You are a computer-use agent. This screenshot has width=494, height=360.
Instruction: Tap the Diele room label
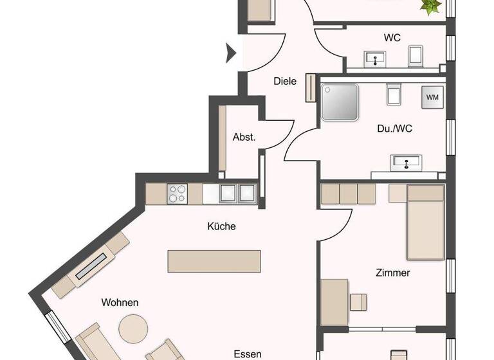(285, 82)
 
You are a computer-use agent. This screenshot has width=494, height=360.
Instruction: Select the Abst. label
(244, 137)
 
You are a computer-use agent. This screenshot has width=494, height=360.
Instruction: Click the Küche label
(221, 226)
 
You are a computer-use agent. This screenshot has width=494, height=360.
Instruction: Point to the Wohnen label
(120, 302)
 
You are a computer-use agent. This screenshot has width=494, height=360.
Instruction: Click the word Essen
(247, 354)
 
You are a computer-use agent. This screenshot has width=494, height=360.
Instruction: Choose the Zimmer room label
(393, 273)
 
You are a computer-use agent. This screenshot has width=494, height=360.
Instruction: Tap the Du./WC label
(394, 129)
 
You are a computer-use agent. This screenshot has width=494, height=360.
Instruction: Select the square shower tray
(340, 102)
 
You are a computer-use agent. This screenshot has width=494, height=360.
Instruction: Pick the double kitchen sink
(237, 192)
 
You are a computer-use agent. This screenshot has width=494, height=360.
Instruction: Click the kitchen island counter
(215, 261)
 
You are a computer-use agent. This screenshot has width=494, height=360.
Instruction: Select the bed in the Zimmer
(425, 222)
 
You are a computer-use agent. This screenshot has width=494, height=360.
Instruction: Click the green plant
(431, 6)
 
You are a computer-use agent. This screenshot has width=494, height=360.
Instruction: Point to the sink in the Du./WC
(407, 163)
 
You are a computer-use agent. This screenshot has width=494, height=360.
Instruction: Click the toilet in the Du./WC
(394, 94)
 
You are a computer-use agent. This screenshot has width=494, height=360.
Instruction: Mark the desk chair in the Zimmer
(359, 301)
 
